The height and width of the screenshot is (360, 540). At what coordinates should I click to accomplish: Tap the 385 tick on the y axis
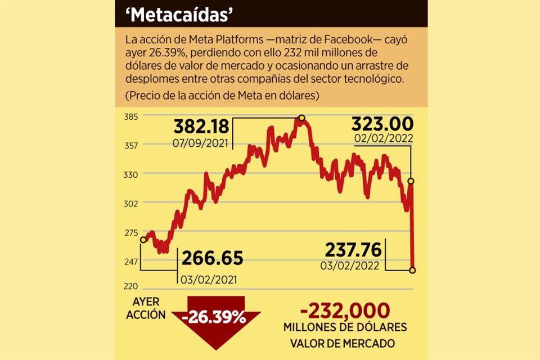[130, 116]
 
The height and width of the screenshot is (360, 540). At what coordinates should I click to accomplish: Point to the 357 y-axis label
[130, 145]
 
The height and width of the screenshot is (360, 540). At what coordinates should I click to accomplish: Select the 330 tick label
[130, 174]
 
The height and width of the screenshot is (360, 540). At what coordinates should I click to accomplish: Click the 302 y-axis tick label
[130, 203]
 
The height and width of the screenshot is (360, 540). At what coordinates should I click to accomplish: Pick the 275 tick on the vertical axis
[130, 232]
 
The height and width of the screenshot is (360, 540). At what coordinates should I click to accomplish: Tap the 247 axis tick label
[130, 261]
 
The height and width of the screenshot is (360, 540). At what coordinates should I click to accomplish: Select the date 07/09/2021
[201, 143]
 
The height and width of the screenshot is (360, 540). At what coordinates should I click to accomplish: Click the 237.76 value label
[352, 249]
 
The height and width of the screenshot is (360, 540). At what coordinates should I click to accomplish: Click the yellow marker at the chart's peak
[302, 118]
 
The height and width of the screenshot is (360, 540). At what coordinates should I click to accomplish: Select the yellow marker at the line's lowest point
[412, 271]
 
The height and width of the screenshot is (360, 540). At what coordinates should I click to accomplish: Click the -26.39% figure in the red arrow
[214, 317]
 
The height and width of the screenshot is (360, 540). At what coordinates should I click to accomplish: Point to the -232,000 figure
[344, 311]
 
